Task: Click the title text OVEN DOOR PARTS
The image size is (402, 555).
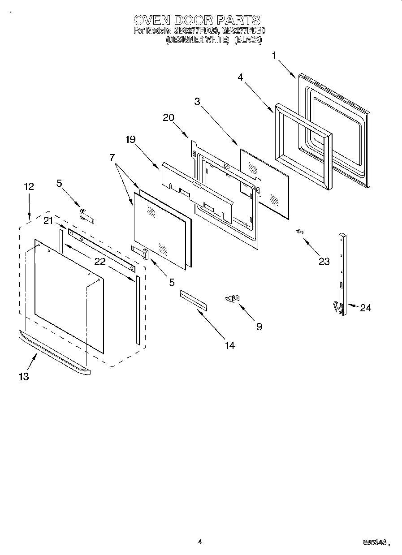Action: point(197,20)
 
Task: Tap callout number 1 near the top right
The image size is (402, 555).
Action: point(274,56)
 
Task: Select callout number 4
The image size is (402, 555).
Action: point(241,77)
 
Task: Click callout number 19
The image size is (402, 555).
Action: point(130,139)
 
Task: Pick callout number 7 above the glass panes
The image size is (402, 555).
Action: point(112,157)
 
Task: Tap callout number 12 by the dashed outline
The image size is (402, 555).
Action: point(29,186)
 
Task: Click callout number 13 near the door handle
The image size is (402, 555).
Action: point(24,376)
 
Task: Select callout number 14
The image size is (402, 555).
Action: point(230,345)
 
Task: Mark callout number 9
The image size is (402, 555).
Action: point(259,327)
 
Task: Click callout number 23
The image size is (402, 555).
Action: point(324,262)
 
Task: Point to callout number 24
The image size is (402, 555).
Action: point(365,308)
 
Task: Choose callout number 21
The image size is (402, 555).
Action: point(48,220)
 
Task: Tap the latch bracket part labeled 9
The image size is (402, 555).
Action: point(233,298)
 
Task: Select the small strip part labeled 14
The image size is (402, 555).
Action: point(194,299)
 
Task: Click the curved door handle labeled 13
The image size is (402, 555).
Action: point(54,352)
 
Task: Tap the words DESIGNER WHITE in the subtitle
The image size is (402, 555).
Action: point(198,40)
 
